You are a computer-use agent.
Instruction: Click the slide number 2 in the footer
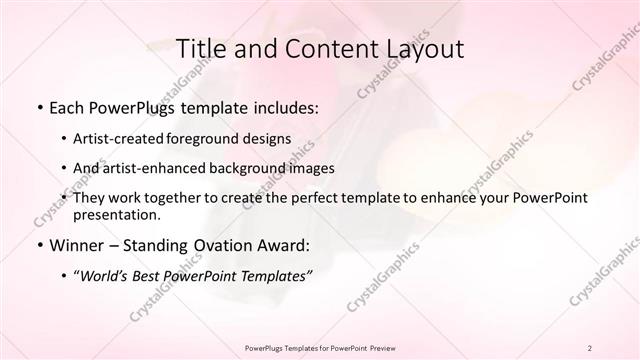(x=590, y=347)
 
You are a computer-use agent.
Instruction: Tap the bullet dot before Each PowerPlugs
(x=39, y=107)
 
